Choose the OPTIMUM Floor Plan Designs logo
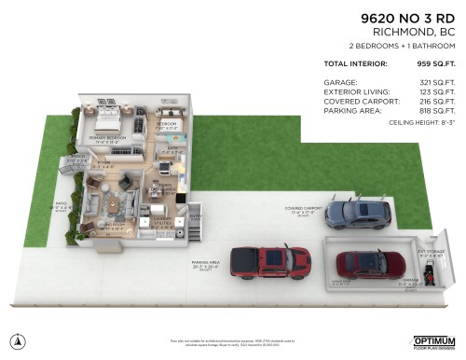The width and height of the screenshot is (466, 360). pos(434,341)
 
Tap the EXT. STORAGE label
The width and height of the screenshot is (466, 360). pos(432,250)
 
